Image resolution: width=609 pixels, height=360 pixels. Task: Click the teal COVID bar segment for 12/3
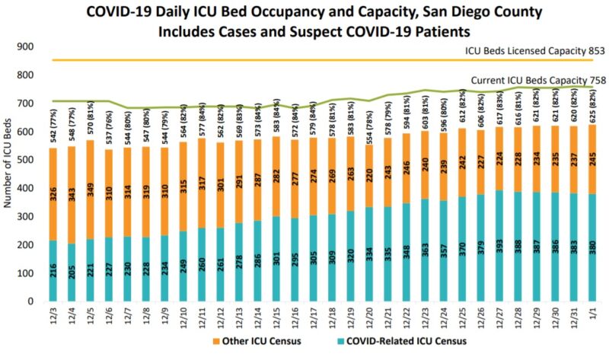53,270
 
